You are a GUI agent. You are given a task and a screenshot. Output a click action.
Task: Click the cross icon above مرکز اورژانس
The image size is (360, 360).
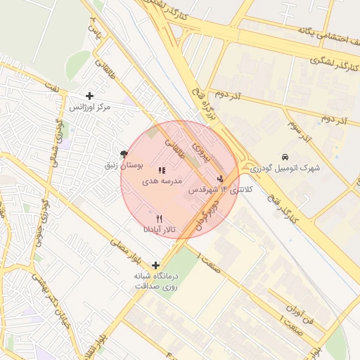point(89,96)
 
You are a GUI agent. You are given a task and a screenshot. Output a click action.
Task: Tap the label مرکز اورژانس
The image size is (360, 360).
point(90,108)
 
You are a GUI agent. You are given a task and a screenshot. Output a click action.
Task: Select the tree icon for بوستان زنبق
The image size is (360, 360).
point(124,154)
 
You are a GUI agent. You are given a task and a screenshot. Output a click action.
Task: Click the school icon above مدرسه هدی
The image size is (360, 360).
point(162,170)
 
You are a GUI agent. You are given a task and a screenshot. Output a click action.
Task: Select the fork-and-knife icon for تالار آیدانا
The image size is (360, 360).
point(159,219)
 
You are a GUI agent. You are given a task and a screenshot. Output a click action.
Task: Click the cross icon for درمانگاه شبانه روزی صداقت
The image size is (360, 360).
point(156,265)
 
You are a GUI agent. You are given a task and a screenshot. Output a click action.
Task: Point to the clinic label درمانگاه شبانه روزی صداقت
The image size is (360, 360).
point(156,281)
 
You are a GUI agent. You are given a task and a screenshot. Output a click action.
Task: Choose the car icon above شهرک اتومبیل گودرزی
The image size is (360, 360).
point(285,156)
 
